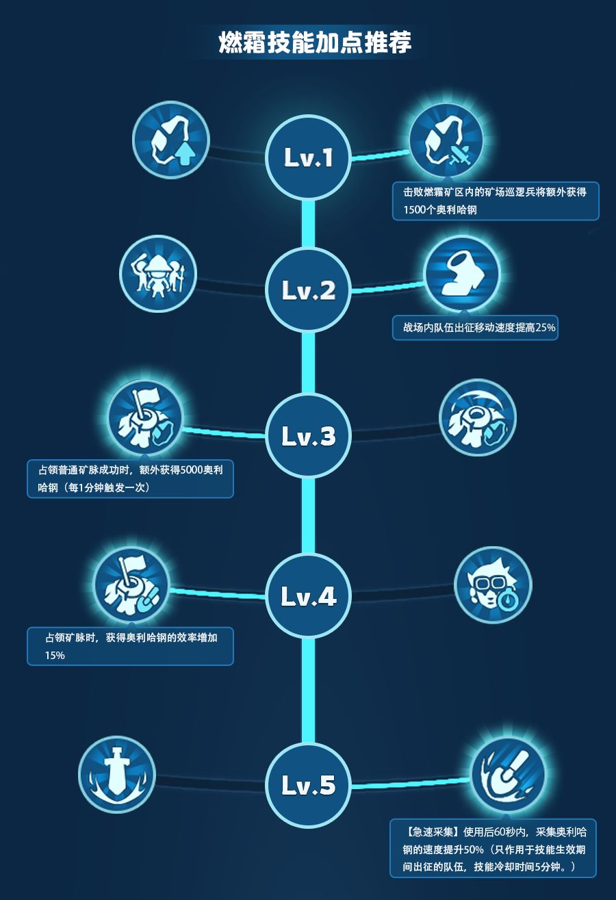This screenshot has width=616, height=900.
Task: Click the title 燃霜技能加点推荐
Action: click(x=315, y=42)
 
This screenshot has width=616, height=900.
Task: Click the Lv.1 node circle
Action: click(x=308, y=157)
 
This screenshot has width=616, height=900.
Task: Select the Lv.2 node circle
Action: click(x=308, y=290)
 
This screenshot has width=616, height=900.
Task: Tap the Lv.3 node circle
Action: click(x=308, y=435)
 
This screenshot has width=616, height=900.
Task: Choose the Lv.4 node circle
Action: click(x=308, y=595)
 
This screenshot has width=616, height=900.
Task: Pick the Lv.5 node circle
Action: click(x=308, y=784)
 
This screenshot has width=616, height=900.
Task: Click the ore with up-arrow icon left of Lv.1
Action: click(x=171, y=140)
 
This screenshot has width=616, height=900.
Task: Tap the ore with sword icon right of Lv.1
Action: click(x=446, y=140)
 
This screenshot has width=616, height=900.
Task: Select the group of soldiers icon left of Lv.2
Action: click(x=158, y=274)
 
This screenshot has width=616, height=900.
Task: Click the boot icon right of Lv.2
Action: click(x=462, y=274)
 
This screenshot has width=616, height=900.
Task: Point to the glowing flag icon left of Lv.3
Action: click(x=145, y=417)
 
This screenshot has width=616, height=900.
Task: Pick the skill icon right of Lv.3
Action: click(x=477, y=417)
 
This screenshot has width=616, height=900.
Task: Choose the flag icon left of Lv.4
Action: click(x=131, y=584)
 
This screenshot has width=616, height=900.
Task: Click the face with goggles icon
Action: click(x=493, y=585)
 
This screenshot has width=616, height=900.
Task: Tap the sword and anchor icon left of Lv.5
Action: click(x=117, y=774)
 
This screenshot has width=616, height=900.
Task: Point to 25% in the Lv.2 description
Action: click(x=546, y=327)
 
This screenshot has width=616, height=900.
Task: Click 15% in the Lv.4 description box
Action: click(x=55, y=655)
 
